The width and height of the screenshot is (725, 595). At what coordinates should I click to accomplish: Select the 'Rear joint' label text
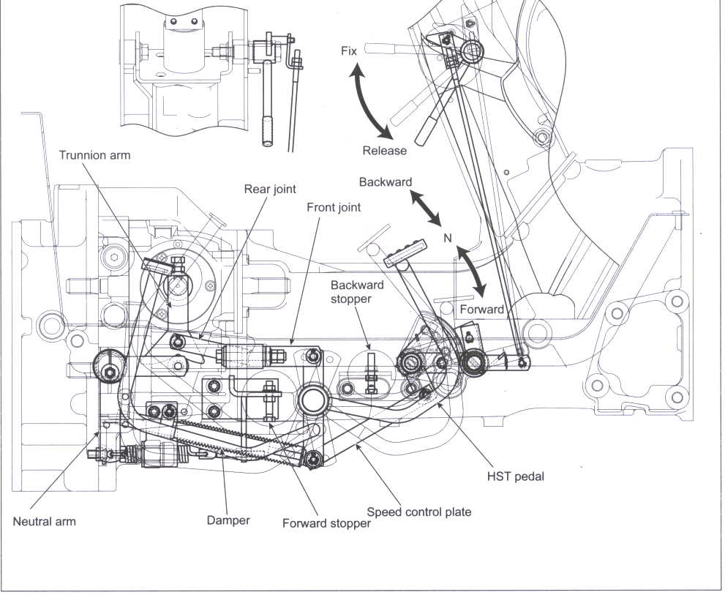pyautogui.click(x=270, y=190)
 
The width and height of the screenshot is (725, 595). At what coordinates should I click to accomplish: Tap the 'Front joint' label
pyautogui.click(x=334, y=207)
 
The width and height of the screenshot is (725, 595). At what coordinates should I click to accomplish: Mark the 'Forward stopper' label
pyautogui.click(x=326, y=523)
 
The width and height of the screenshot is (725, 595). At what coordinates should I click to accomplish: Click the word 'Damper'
pyautogui.click(x=228, y=520)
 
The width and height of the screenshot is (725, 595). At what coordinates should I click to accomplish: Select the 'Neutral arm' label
pyautogui.click(x=45, y=522)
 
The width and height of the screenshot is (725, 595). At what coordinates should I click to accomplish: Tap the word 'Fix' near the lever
pyautogui.click(x=350, y=50)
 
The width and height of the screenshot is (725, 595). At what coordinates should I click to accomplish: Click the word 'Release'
pyautogui.click(x=384, y=151)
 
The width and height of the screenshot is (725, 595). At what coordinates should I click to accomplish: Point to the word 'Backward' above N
pyautogui.click(x=386, y=182)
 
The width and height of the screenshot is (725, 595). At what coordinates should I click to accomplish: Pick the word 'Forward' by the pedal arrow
pyautogui.click(x=481, y=309)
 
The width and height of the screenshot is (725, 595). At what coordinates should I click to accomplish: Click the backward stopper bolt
pyautogui.click(x=371, y=367)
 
